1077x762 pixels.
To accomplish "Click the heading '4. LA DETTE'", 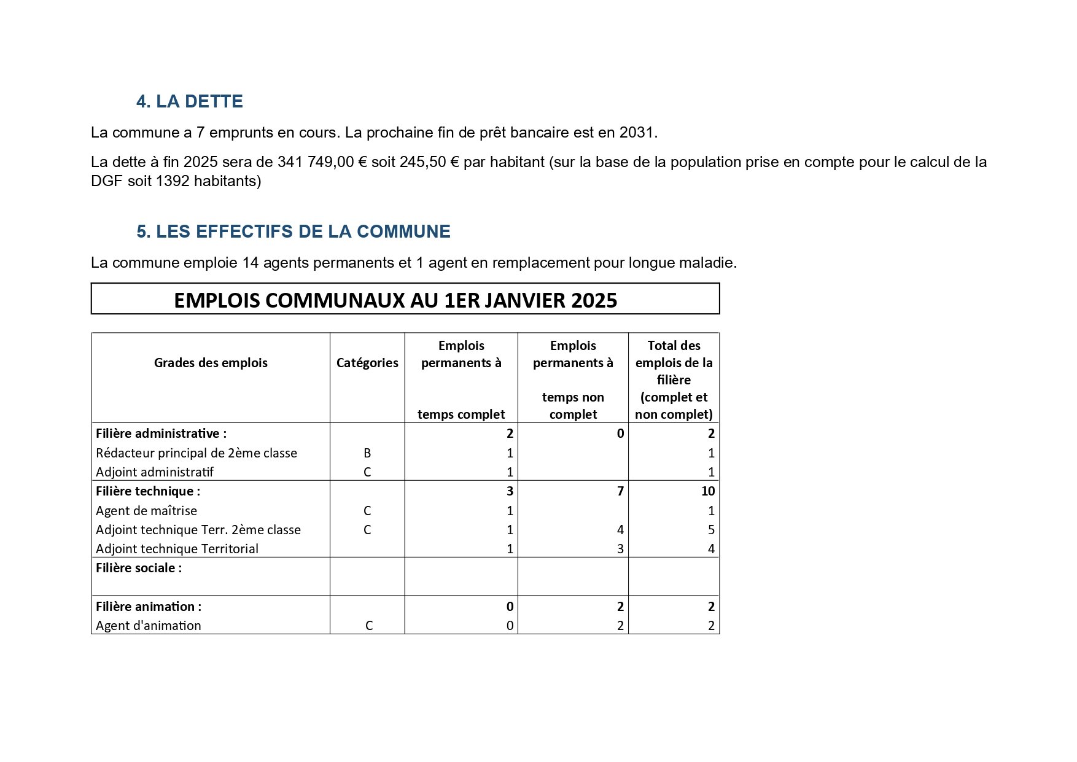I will coord(189,101).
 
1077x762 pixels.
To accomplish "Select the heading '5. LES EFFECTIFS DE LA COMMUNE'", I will coord(293,231).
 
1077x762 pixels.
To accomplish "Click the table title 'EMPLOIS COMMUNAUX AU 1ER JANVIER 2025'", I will coord(395,300).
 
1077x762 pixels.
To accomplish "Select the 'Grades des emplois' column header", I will coord(211,363).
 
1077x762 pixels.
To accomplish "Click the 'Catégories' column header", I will coord(367,363).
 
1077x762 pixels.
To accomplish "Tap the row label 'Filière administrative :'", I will coord(161,433).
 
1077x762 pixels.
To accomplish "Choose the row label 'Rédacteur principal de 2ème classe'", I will coord(196,453).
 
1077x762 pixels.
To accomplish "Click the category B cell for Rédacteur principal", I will coord(367,453).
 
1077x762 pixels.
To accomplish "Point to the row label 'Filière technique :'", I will coord(148,491).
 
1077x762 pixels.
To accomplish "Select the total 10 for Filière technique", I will coord(707,491).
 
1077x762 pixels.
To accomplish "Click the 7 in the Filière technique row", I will coord(620,491).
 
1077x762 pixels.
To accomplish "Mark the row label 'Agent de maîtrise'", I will coord(146,511).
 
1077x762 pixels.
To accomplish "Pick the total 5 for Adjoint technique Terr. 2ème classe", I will coord(711,530).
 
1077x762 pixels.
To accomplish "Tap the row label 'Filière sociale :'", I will coord(139,568).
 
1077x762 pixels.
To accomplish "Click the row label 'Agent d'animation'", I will coord(149,626).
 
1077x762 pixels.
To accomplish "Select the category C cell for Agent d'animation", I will coord(369,626).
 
